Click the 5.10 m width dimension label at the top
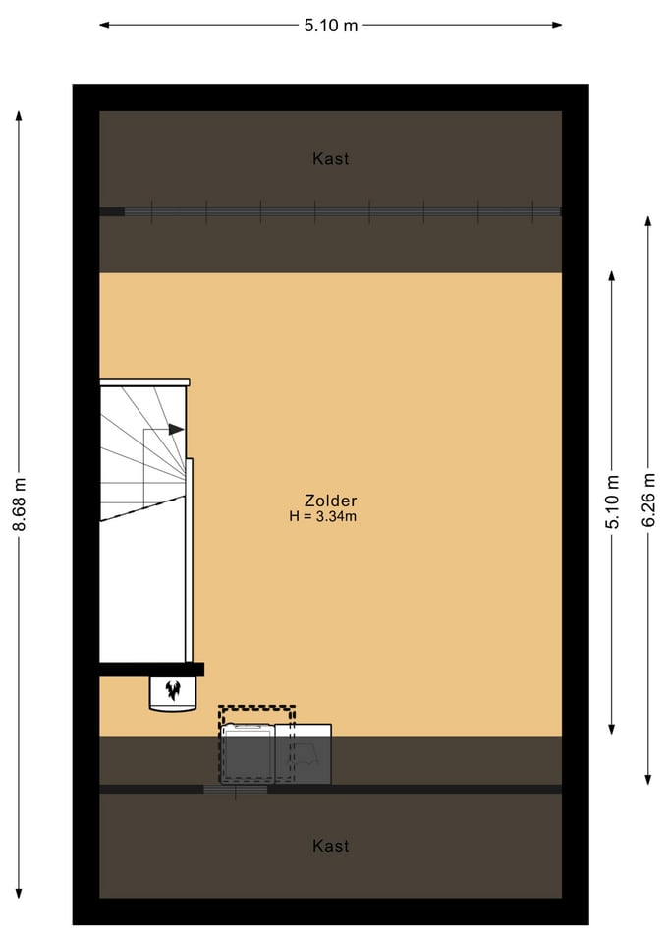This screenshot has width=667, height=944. pyautogui.click(x=331, y=26)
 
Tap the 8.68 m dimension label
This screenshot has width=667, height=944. pyautogui.click(x=20, y=503)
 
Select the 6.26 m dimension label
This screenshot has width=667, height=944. pyautogui.click(x=648, y=500)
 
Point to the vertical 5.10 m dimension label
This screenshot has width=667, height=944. pyautogui.click(x=612, y=501)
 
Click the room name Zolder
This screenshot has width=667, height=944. pyautogui.click(x=330, y=501)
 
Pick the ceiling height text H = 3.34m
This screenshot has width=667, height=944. pyautogui.click(x=323, y=516)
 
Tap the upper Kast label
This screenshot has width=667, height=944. pyautogui.click(x=331, y=159)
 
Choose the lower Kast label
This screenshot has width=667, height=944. pyautogui.click(x=331, y=846)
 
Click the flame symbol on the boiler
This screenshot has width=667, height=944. pyautogui.click(x=173, y=690)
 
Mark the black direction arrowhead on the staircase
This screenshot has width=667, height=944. pyautogui.click(x=176, y=430)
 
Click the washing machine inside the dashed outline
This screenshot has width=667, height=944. pyautogui.click(x=248, y=753)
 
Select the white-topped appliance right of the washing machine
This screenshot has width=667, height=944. pyautogui.click(x=304, y=754)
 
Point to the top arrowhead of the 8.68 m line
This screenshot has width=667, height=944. pyautogui.click(x=20, y=116)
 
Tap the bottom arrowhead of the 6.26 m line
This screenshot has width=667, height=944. pyautogui.click(x=648, y=779)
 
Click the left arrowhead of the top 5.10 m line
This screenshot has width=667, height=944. pyautogui.click(x=105, y=25)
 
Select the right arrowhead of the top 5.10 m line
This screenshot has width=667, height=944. pyautogui.click(x=556, y=25)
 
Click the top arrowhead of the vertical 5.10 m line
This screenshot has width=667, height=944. pyautogui.click(x=612, y=277)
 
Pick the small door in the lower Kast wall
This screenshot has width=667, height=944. pyautogui.click(x=235, y=789)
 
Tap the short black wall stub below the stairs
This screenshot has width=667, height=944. pyautogui.click(x=151, y=669)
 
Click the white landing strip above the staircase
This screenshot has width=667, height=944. pyautogui.click(x=144, y=383)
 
